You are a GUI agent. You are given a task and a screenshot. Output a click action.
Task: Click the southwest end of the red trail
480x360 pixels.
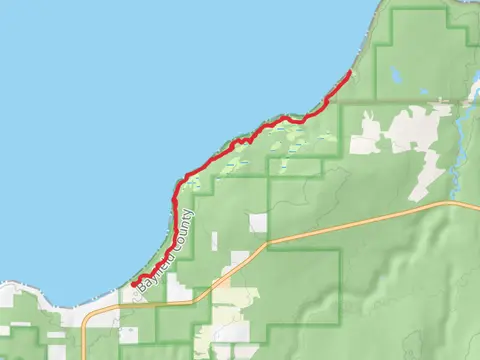pyautogui.click(x=133, y=284)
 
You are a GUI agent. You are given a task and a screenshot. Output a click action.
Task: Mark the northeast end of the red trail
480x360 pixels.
pyautogui.click(x=348, y=74)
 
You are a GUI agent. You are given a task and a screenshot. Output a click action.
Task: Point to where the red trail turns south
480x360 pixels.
pyautogui.click(x=178, y=186)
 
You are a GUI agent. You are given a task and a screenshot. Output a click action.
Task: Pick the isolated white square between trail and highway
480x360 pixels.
pyautogui.click(x=259, y=222)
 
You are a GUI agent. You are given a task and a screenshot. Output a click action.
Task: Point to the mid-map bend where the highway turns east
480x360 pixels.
pyautogui.click(x=268, y=243)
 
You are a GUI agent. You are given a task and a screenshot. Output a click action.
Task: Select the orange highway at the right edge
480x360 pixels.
pyautogui.click(x=474, y=207)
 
